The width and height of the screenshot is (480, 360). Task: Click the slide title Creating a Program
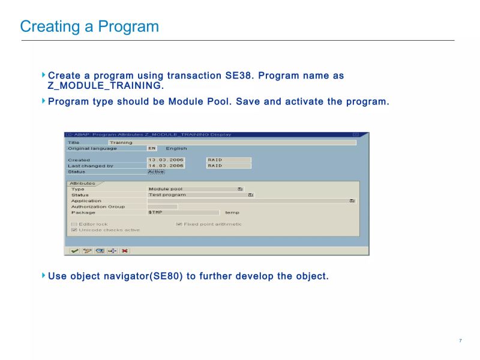[89, 27]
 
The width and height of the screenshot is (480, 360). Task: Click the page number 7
[460, 341]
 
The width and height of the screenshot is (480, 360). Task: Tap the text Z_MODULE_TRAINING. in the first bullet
[106, 86]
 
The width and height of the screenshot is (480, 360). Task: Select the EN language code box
[152, 148]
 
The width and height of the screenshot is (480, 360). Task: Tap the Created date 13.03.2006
[166, 160]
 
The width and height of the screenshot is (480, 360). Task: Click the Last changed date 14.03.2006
[166, 166]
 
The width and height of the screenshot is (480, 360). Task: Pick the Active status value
[156, 172]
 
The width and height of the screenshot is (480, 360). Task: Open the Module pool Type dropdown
[240, 189]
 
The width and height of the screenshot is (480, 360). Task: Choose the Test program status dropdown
[250, 194]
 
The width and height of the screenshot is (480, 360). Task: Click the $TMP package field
[183, 212]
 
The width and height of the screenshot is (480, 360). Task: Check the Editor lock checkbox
[74, 224]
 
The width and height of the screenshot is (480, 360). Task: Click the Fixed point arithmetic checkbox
[179, 224]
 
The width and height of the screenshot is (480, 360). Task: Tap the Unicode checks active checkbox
[74, 230]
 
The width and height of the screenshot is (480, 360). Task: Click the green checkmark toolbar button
[74, 251]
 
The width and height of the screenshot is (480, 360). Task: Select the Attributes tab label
[82, 183]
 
